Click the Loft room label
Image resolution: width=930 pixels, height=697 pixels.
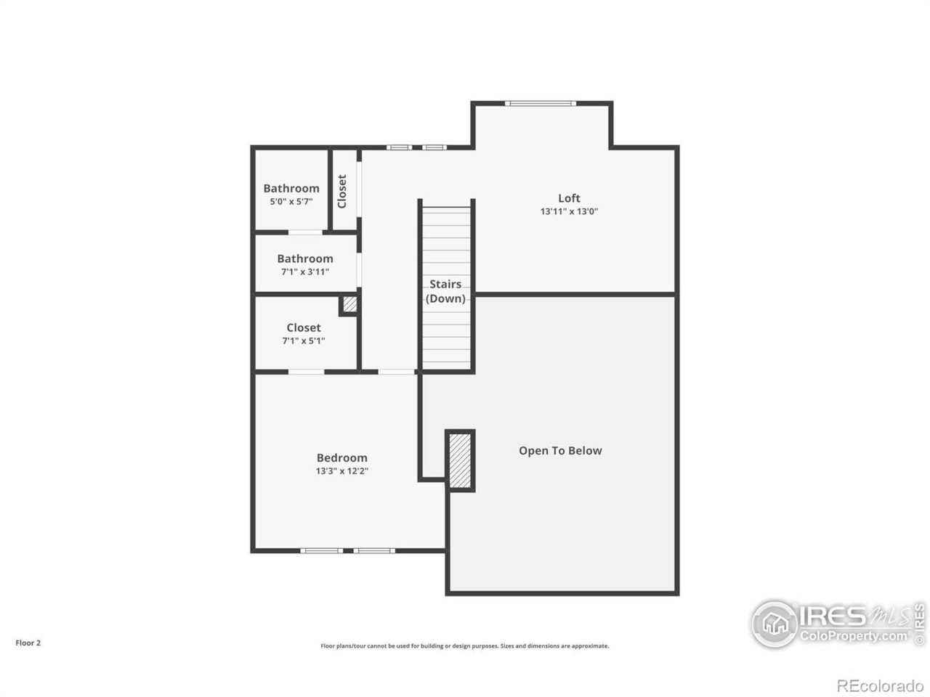coord(569,198)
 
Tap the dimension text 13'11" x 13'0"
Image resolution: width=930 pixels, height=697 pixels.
coord(569,212)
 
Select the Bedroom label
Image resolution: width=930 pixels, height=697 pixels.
coord(341,458)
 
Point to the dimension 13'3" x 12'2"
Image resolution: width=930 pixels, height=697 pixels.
coord(341,471)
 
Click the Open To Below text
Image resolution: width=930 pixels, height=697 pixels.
coord(560,451)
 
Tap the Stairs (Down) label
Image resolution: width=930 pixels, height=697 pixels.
coord(445,291)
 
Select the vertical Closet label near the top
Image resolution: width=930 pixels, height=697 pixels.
coord(342,191)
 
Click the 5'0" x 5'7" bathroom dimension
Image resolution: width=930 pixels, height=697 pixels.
coord(291,202)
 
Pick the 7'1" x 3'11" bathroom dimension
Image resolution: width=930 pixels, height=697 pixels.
coord(305,272)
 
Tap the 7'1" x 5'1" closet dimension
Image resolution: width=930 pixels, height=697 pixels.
coord(304,341)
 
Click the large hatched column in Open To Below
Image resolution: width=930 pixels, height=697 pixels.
coord(460,460)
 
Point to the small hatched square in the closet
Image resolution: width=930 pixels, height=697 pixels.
coord(349,304)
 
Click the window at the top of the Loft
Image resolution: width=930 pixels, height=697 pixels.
coord(541,104)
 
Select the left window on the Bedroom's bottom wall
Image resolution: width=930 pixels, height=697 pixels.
coord(321,551)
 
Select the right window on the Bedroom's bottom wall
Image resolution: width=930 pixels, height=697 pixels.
coord(375,551)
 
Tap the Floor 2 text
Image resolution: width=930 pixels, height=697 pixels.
coord(28,643)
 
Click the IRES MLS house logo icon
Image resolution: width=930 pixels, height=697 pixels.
coord(775,624)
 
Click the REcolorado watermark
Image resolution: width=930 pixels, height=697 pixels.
coord(880,685)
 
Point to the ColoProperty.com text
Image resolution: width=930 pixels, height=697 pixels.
coord(854,637)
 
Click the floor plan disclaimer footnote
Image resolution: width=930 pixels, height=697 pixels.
coord(465,646)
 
